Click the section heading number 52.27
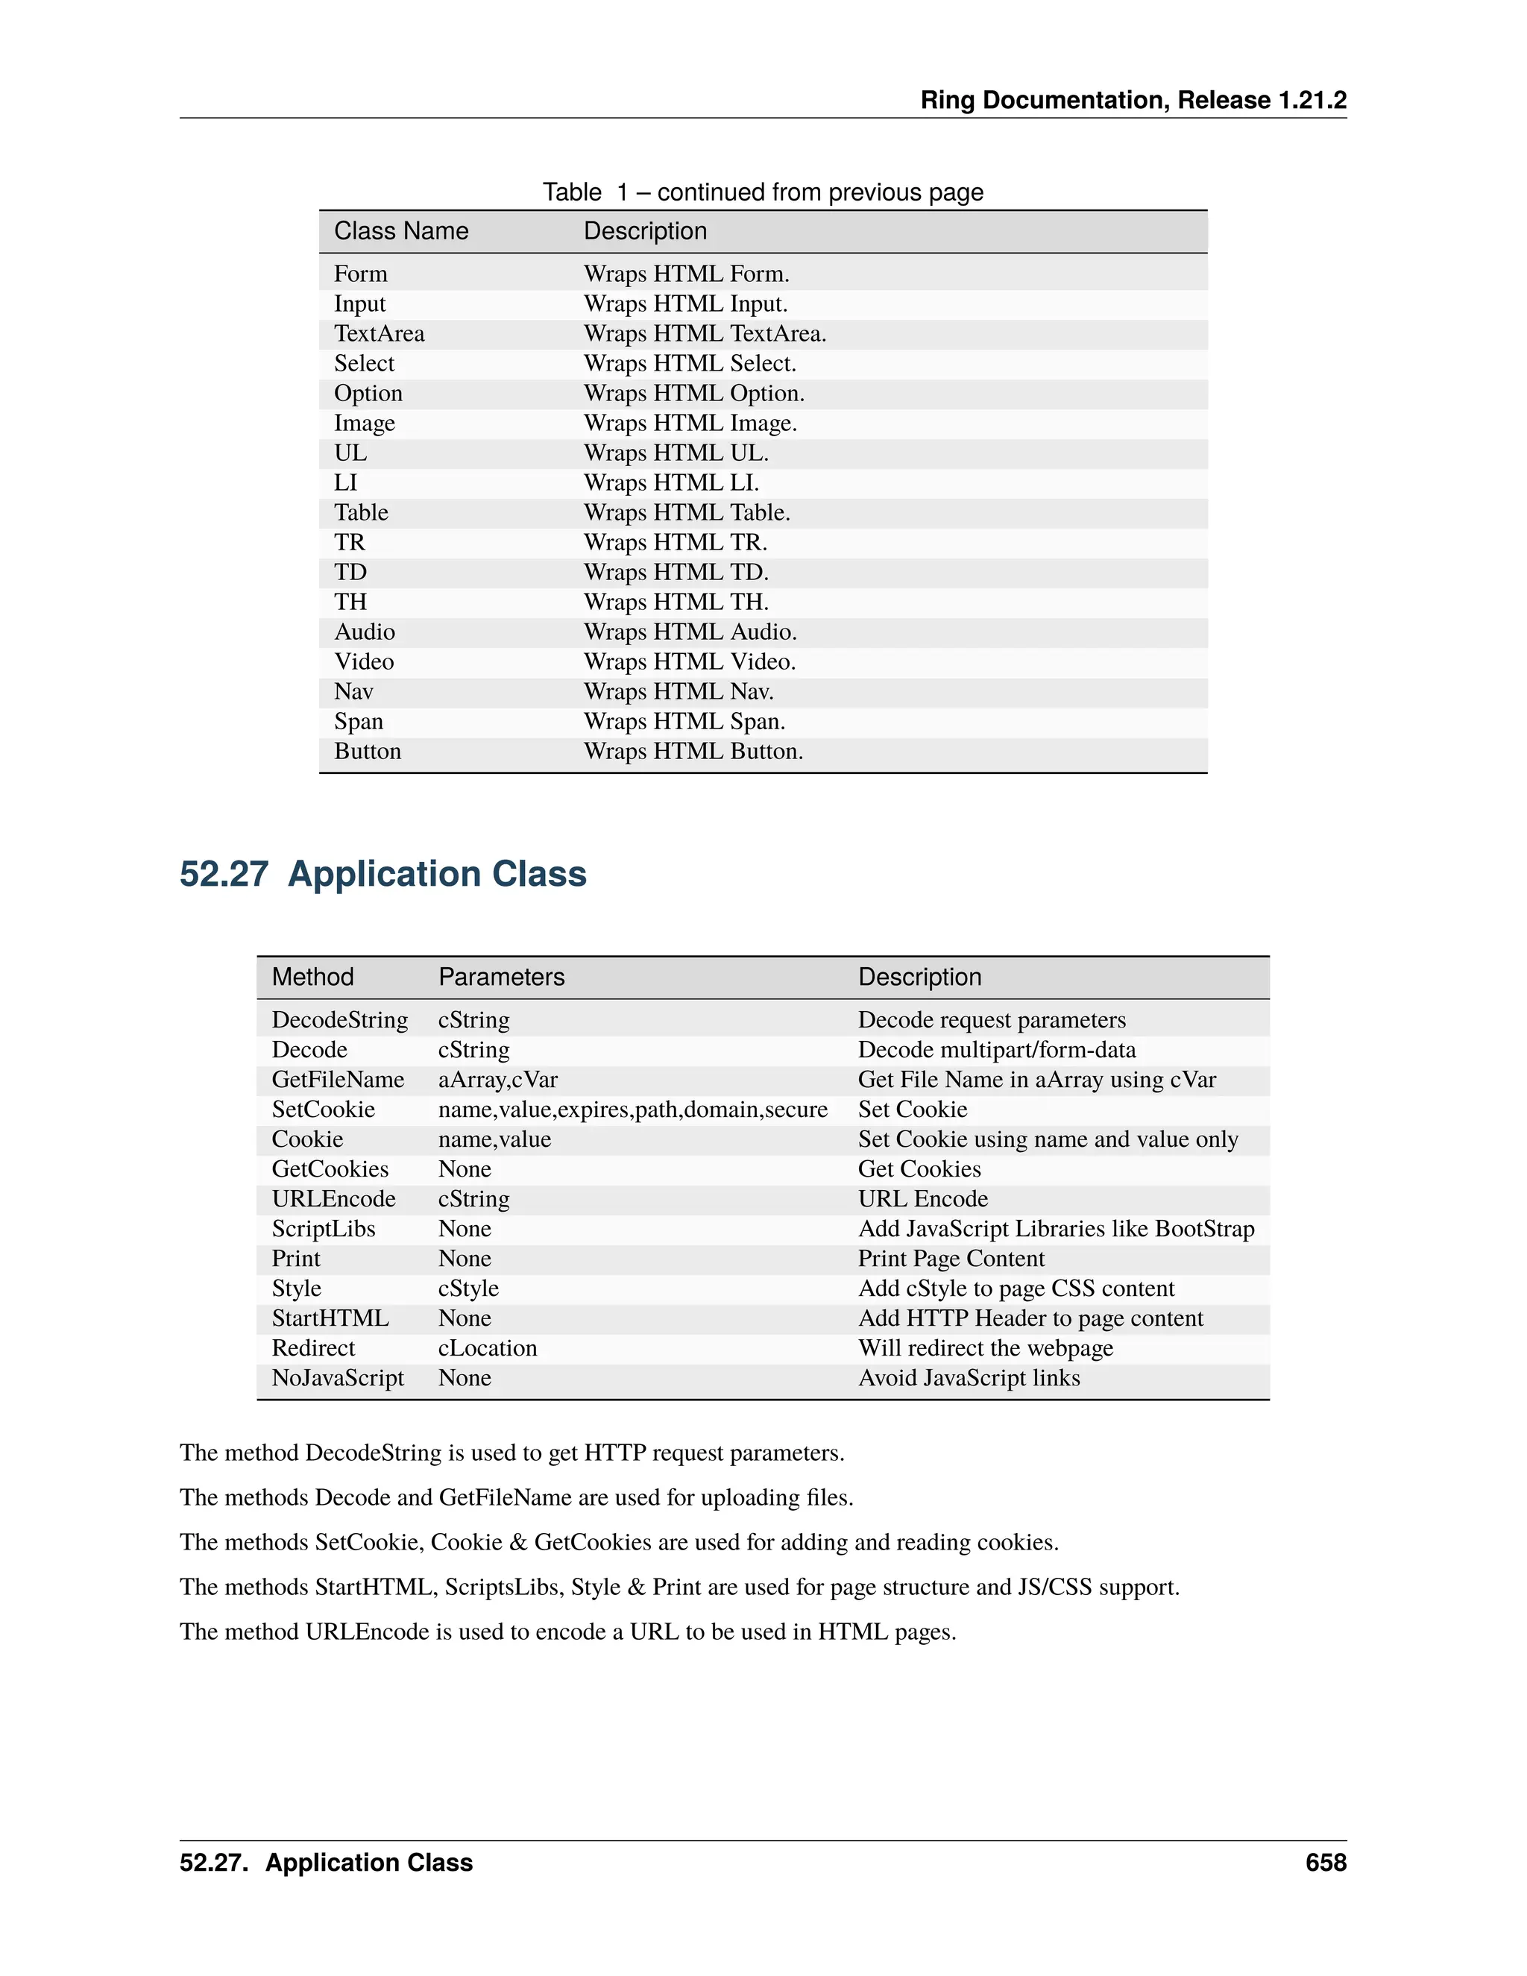(x=224, y=874)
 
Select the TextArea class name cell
(x=379, y=334)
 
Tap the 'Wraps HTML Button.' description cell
(x=693, y=752)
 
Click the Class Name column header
(x=400, y=232)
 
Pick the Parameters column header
(x=501, y=977)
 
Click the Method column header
(x=312, y=977)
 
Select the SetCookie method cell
(x=323, y=1110)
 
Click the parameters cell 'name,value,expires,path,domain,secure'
(x=632, y=1110)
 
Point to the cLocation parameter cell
(x=488, y=1348)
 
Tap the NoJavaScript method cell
(x=338, y=1378)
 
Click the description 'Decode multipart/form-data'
(x=997, y=1051)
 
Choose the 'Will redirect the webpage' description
(x=985, y=1348)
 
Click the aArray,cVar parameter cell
(x=497, y=1080)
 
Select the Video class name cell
(x=364, y=662)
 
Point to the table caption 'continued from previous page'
(x=819, y=192)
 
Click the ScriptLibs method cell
(x=323, y=1229)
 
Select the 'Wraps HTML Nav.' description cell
(x=679, y=692)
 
